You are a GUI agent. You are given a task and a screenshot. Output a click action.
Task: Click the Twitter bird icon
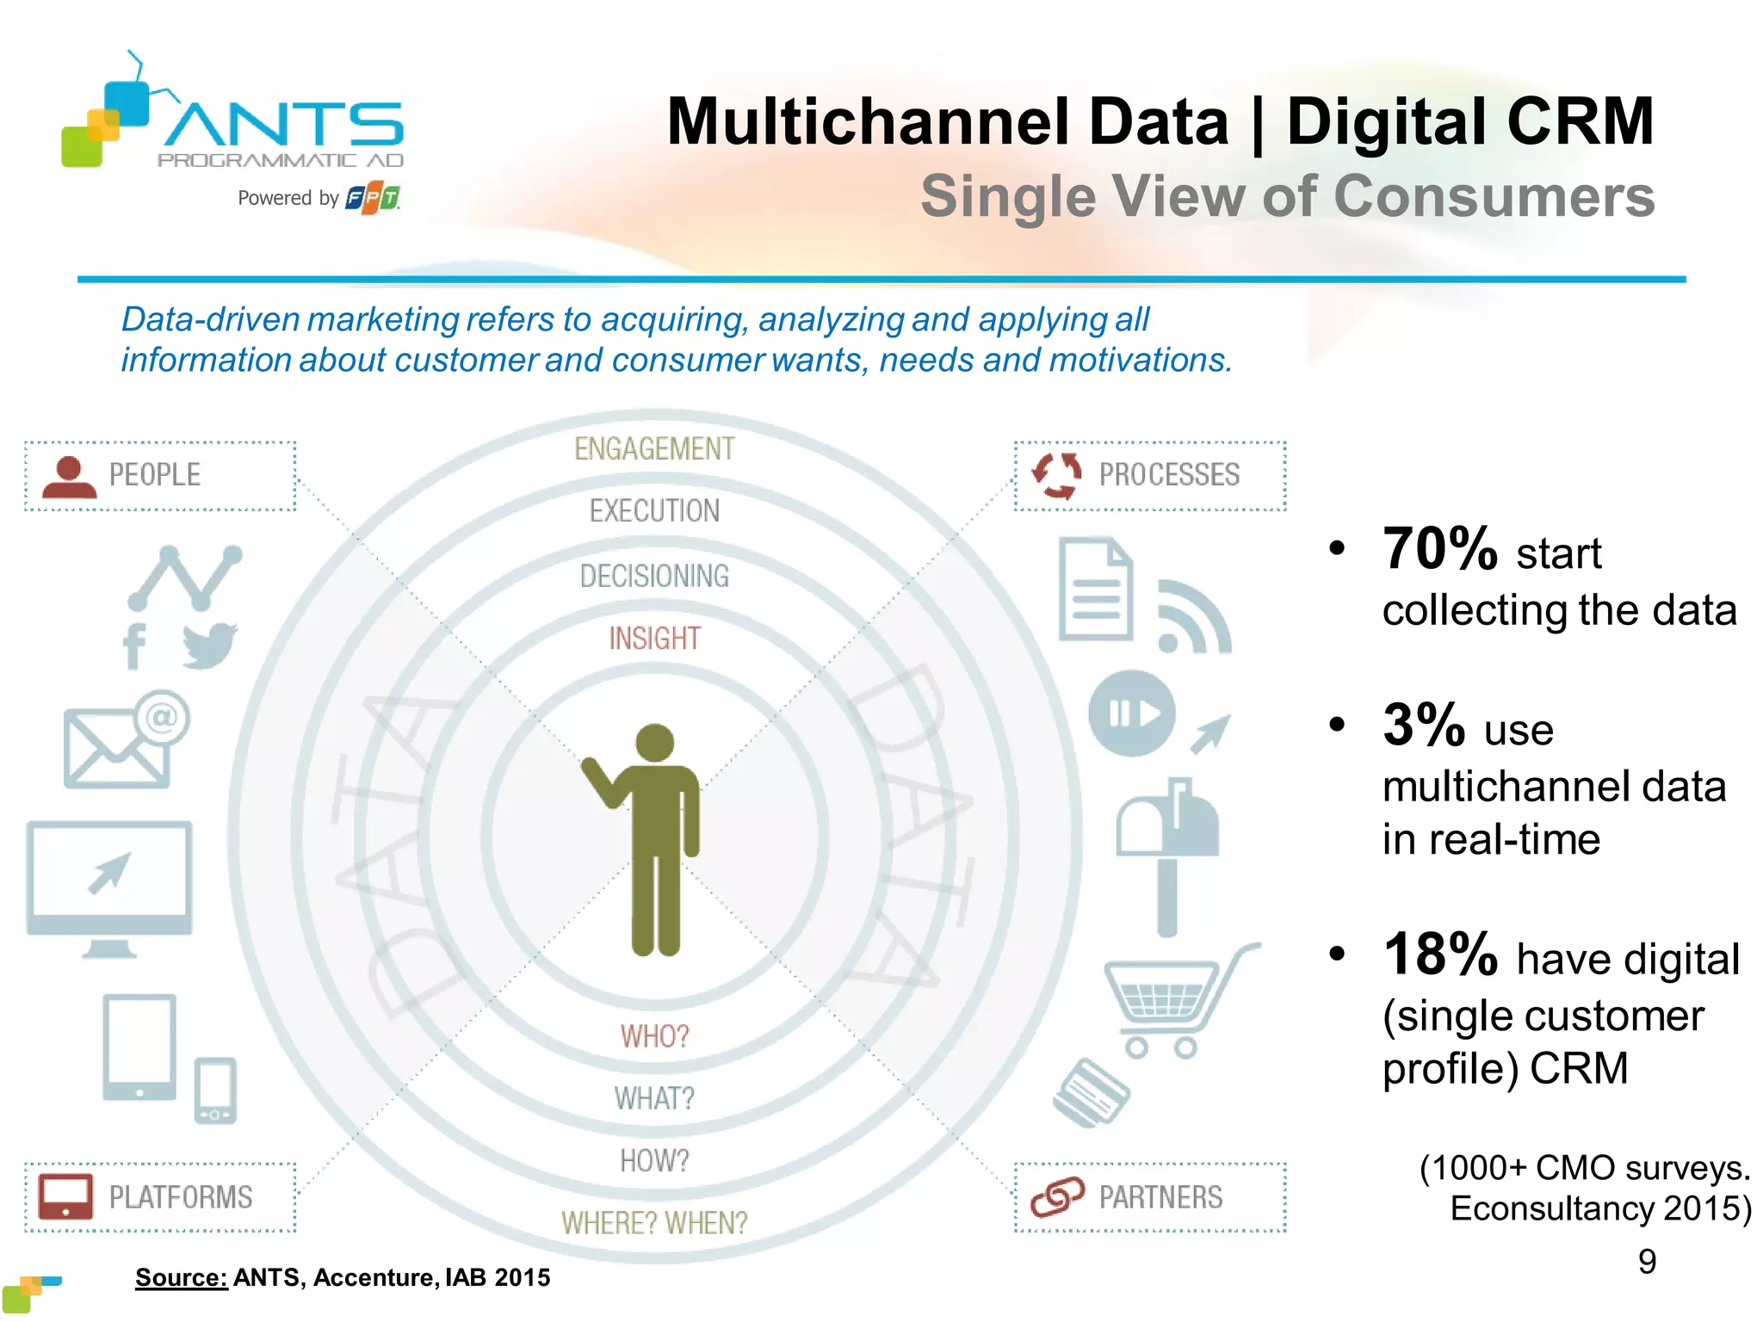click(209, 646)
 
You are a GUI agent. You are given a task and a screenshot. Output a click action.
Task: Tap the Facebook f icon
click(135, 646)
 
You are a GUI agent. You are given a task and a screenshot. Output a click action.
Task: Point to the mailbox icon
click(1168, 852)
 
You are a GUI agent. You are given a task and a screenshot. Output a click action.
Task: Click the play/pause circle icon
click(1132, 714)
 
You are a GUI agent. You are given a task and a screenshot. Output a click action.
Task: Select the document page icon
click(1095, 590)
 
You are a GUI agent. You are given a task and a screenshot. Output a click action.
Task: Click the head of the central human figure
click(654, 742)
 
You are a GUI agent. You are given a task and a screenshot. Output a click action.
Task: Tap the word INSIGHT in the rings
click(654, 639)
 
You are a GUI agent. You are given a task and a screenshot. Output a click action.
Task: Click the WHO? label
click(654, 1036)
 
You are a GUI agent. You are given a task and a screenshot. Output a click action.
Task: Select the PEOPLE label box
click(160, 476)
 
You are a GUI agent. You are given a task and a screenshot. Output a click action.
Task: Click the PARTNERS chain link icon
click(1057, 1197)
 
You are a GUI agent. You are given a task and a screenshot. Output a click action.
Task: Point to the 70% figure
click(1439, 549)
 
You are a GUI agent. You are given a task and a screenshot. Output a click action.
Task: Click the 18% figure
click(1439, 955)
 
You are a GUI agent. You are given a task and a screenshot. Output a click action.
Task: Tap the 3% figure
click(1423, 726)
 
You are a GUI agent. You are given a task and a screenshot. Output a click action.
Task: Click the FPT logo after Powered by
click(373, 199)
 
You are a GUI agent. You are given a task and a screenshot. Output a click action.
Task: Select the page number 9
click(1647, 1262)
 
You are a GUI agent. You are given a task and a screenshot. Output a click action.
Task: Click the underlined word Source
click(181, 1277)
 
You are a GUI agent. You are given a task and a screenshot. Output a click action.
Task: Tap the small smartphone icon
click(215, 1090)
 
